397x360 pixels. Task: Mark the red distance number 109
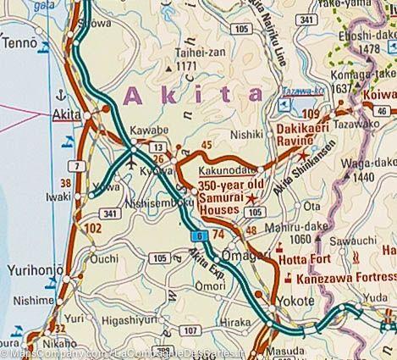click(311, 114)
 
